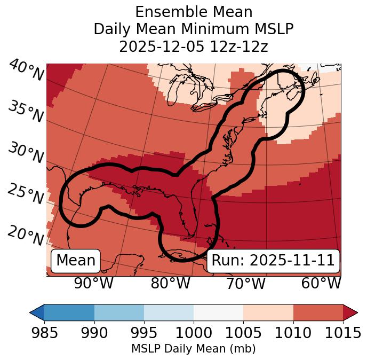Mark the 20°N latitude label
(x=26, y=235)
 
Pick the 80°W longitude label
(x=170, y=283)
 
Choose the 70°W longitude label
(x=245, y=283)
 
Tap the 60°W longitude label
(x=321, y=283)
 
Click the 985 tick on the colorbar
(x=44, y=333)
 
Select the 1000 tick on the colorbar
(x=194, y=333)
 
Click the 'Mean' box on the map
(x=76, y=261)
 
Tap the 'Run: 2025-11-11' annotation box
(x=273, y=261)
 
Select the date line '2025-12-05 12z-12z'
(x=194, y=46)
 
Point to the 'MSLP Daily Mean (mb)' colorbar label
(x=194, y=349)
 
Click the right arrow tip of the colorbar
(x=355, y=312)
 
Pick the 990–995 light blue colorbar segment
(x=119, y=312)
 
